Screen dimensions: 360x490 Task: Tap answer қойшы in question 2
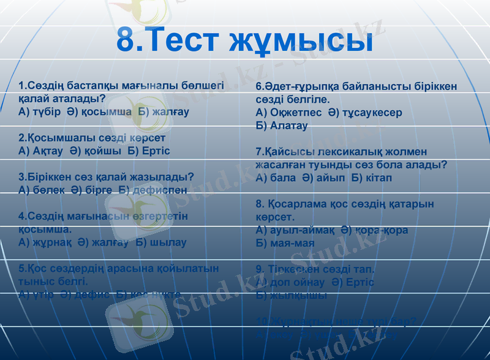point(99,151)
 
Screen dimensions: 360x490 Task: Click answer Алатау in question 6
point(288,126)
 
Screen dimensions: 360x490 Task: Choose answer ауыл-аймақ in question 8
point(302,230)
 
